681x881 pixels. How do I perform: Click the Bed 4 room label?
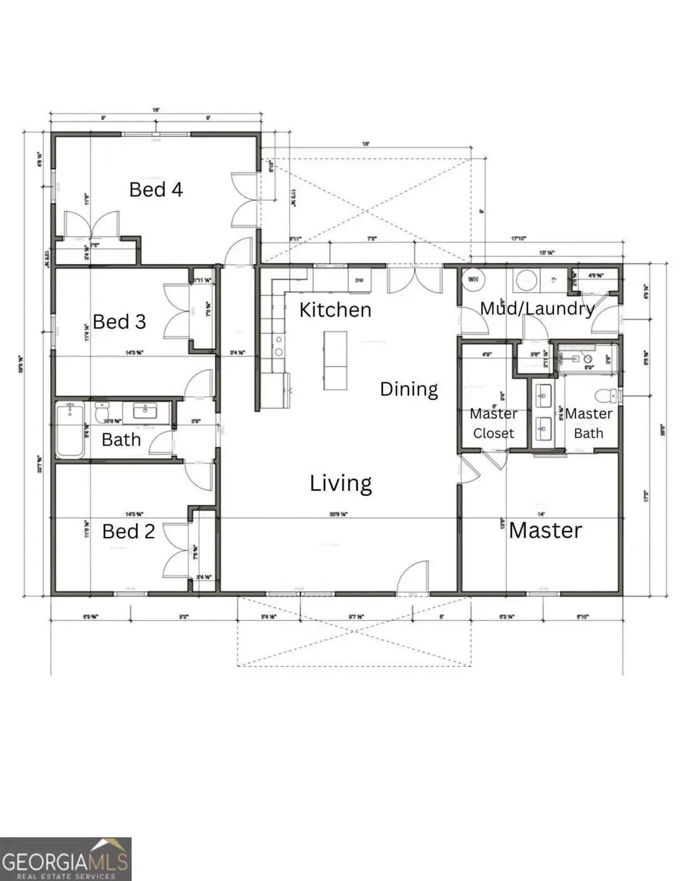pyautogui.click(x=156, y=189)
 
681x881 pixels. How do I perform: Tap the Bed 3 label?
pyautogui.click(x=120, y=321)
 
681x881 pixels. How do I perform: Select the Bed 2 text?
pyautogui.click(x=129, y=532)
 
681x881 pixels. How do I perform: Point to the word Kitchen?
pyautogui.click(x=335, y=310)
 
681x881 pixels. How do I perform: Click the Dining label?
pyautogui.click(x=409, y=389)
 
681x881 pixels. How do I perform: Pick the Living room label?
pyautogui.click(x=340, y=483)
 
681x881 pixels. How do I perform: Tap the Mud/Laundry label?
pyautogui.click(x=537, y=309)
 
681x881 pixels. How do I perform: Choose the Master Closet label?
pyautogui.click(x=493, y=423)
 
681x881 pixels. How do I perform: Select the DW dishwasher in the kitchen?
pyautogui.click(x=359, y=279)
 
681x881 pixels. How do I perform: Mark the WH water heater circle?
pyautogui.click(x=474, y=280)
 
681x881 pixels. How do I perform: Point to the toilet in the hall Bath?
pyautogui.click(x=103, y=413)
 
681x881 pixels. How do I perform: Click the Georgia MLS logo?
pyautogui.click(x=66, y=859)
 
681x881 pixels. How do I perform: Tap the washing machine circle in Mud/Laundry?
pyautogui.click(x=527, y=281)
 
